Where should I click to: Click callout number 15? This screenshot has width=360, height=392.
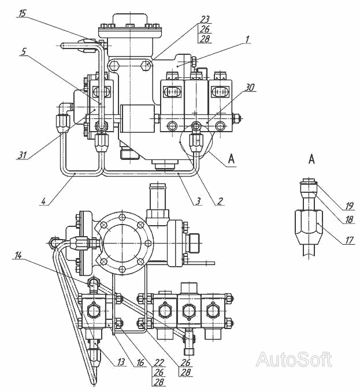[23, 13]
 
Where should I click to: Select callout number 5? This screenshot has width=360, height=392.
[24, 52]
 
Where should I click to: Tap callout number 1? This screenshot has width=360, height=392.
[247, 39]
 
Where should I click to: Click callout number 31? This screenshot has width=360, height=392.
[22, 155]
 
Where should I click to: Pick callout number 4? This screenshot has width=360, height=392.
[43, 201]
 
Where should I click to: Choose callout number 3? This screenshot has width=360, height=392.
[198, 201]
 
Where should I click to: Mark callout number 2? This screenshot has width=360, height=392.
[220, 201]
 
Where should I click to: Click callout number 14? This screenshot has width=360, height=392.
[18, 256]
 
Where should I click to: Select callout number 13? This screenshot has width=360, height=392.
[121, 362]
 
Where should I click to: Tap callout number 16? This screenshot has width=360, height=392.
[141, 362]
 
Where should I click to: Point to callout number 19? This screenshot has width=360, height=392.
[349, 206]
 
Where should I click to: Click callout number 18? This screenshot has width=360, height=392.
[349, 219]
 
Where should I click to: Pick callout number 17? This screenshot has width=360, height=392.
[349, 240]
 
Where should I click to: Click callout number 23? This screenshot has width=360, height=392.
[205, 19]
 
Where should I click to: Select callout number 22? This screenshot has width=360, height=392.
[159, 362]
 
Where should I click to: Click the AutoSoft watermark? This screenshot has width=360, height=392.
[294, 359]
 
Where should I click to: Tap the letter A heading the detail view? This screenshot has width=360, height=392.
[311, 159]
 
